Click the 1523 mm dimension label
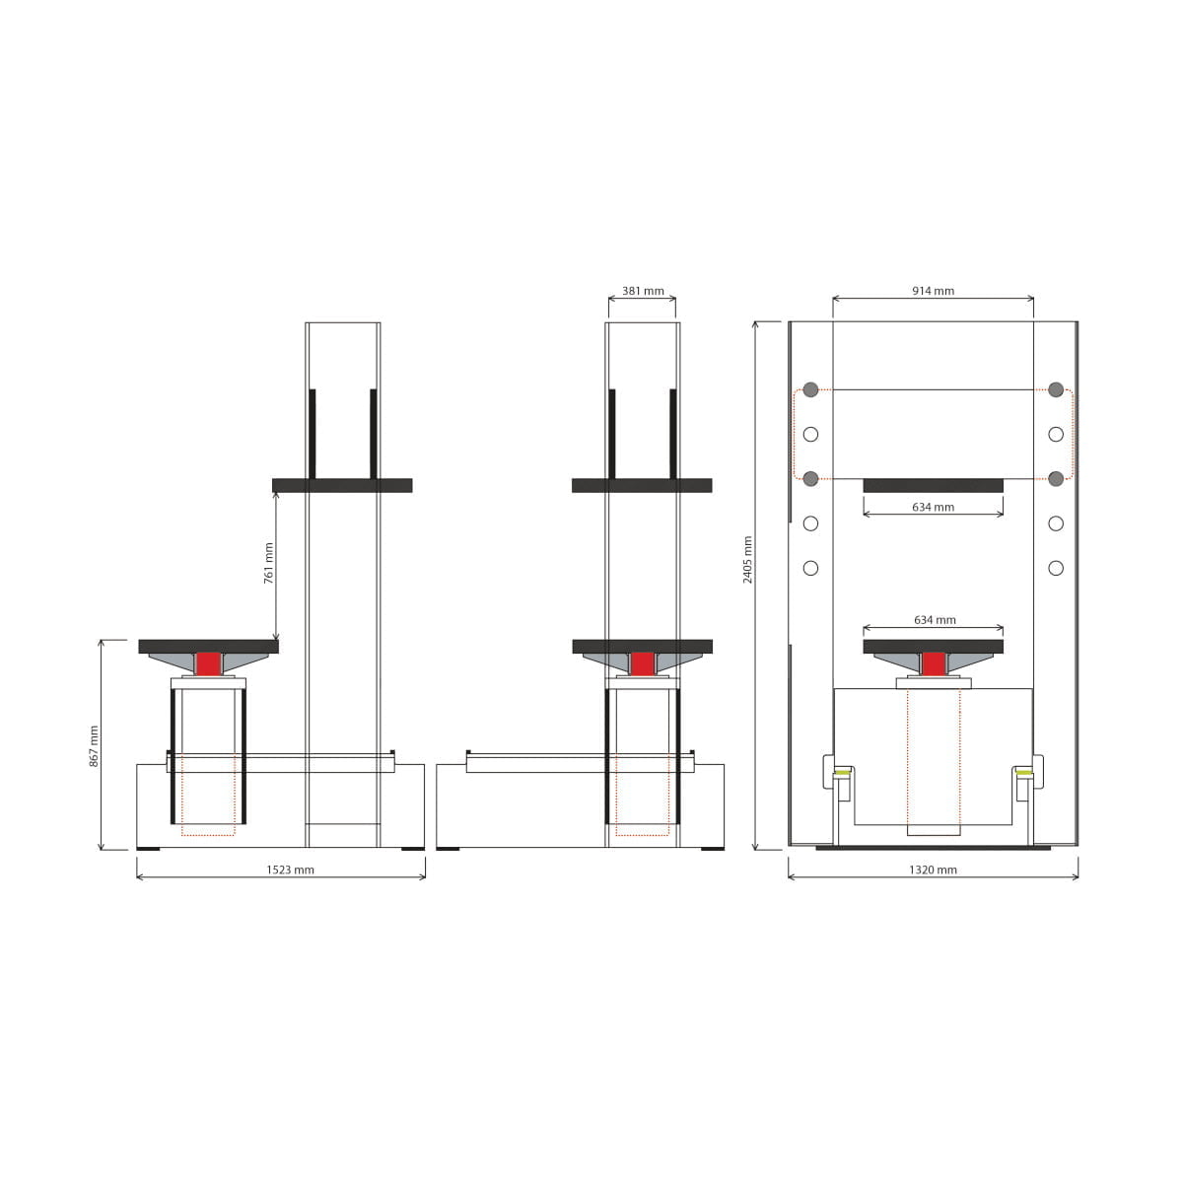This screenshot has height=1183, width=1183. coord(290,870)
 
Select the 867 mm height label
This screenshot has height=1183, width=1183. coord(94,746)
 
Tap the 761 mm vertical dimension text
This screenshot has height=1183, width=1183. coord(269,563)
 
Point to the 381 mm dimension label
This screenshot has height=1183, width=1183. coord(643,291)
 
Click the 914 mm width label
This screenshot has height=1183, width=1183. coord(934,291)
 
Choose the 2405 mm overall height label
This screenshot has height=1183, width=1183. coord(747,560)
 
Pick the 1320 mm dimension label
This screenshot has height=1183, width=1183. coord(933,870)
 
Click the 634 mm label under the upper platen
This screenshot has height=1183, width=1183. coord(934,507)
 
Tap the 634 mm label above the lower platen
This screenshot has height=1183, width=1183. coord(935,620)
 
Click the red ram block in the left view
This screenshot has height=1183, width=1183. coord(208,664)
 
